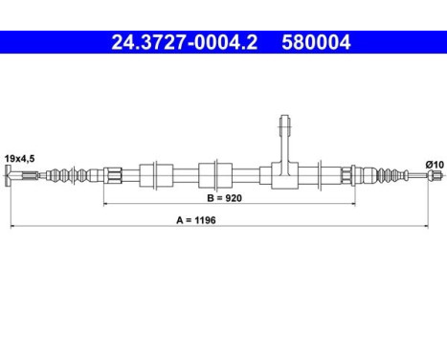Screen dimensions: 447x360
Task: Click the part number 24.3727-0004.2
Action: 185,42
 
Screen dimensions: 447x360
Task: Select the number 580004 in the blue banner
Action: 316,42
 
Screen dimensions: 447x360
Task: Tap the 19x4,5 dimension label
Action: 20,159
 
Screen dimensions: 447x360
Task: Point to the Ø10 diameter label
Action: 435,165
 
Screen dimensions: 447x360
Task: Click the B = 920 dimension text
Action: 224,198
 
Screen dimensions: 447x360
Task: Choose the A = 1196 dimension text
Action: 196,220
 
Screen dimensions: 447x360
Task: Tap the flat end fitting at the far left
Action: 8,175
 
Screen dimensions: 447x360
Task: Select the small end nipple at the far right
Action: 436,174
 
